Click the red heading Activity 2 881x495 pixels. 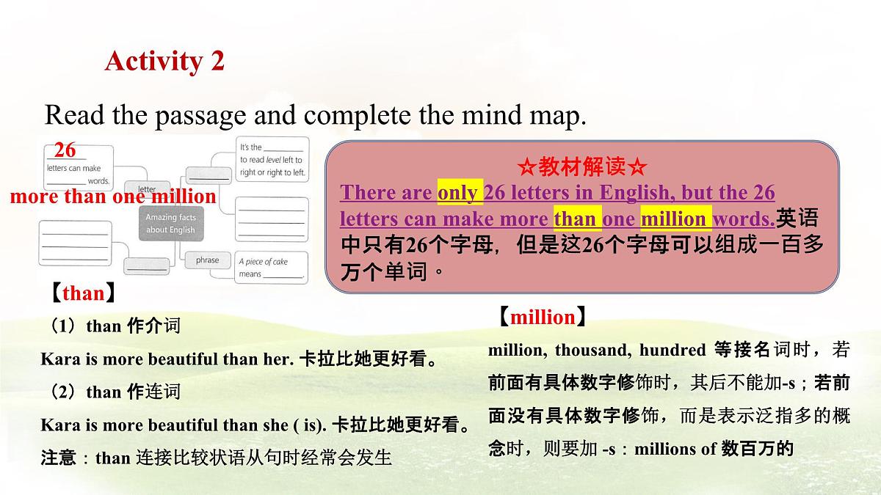(164, 61)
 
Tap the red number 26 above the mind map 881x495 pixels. (65, 150)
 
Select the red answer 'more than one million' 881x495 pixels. (113, 197)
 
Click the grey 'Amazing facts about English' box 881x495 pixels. (170, 224)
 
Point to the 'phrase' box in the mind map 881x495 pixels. (207, 260)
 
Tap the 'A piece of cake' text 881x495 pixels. (264, 261)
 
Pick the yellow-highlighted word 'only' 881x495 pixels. (460, 193)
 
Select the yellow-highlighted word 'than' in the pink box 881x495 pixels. (575, 219)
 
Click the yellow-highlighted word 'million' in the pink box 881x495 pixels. (673, 219)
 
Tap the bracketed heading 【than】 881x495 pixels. (83, 293)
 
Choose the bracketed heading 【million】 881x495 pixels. (542, 317)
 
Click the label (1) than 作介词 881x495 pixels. (112, 326)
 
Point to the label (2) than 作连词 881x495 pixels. (112, 392)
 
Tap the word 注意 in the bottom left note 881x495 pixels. (58, 459)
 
